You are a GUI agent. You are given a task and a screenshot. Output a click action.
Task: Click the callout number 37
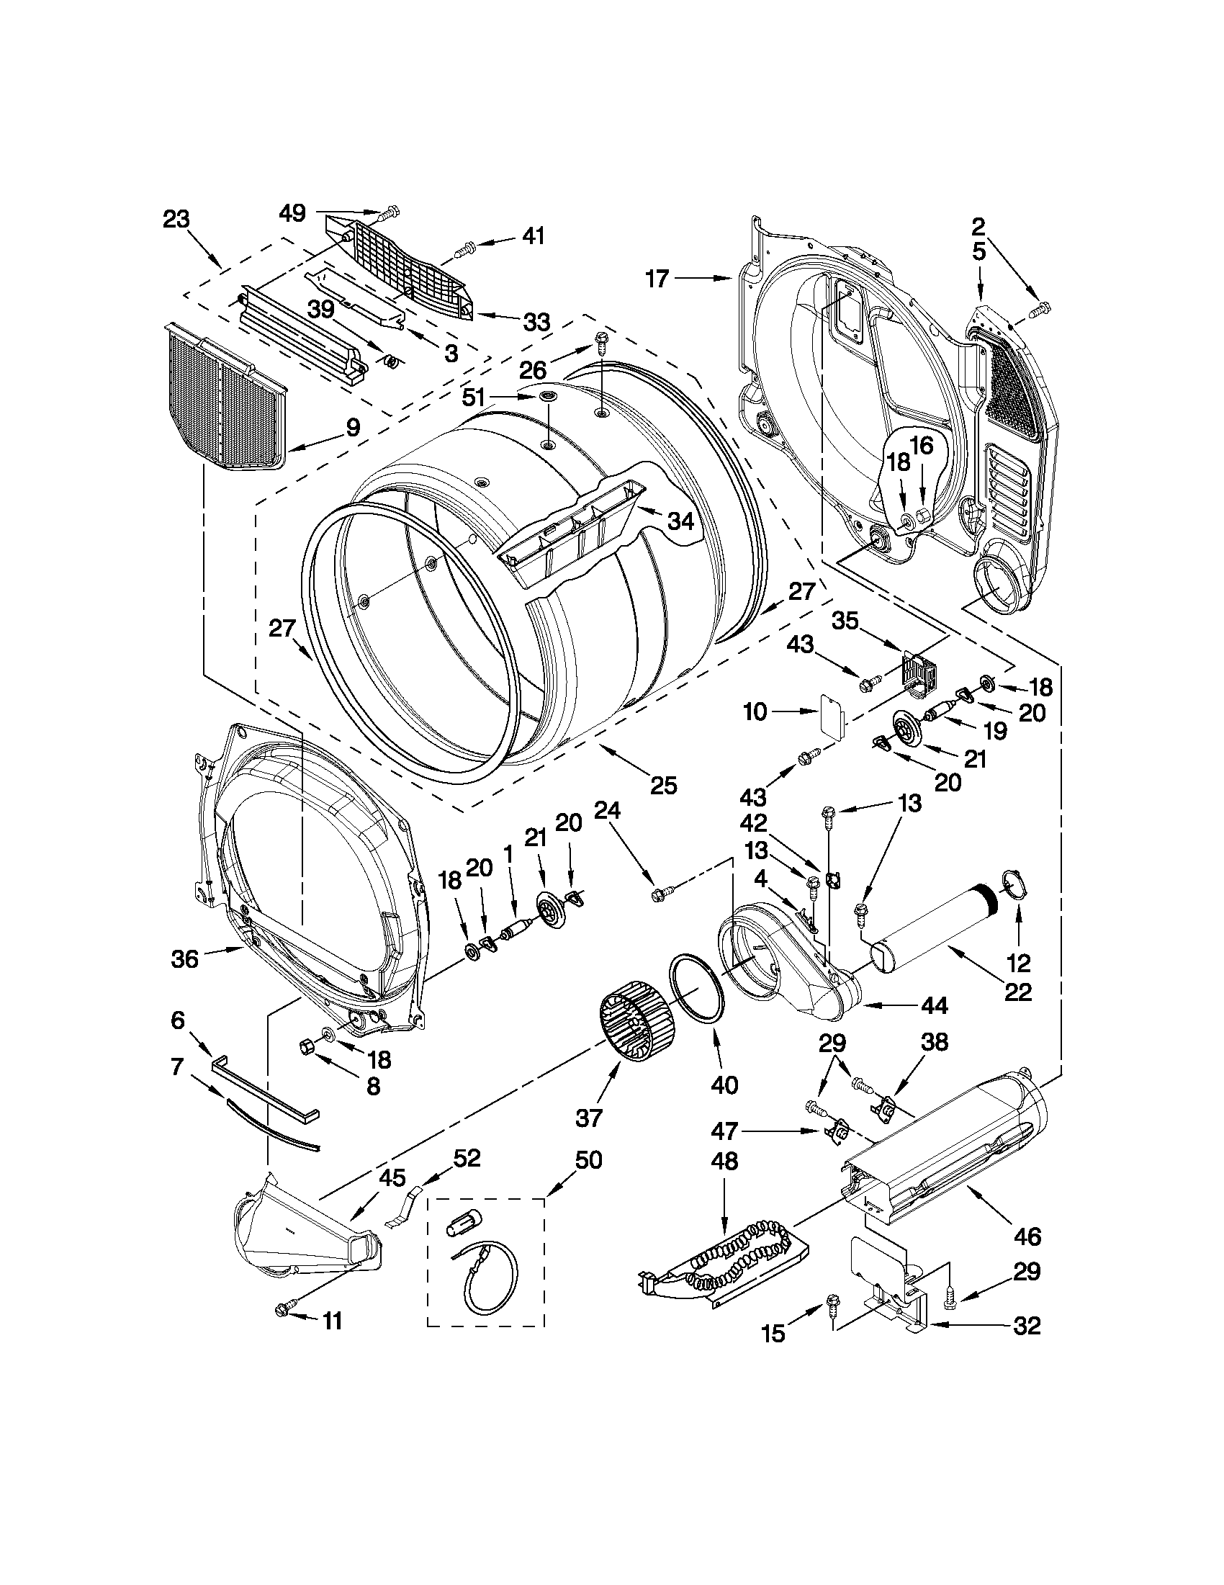(x=588, y=1118)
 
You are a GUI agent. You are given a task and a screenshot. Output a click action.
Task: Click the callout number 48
(x=724, y=1161)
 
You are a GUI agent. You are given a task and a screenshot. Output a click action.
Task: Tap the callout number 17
(x=657, y=278)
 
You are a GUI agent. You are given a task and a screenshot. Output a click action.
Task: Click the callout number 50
(x=588, y=1159)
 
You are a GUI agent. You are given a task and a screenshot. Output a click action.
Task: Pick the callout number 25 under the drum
(x=663, y=784)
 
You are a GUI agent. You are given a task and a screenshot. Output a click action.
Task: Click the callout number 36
(x=184, y=958)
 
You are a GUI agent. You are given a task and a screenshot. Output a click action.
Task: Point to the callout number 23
(x=176, y=218)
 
